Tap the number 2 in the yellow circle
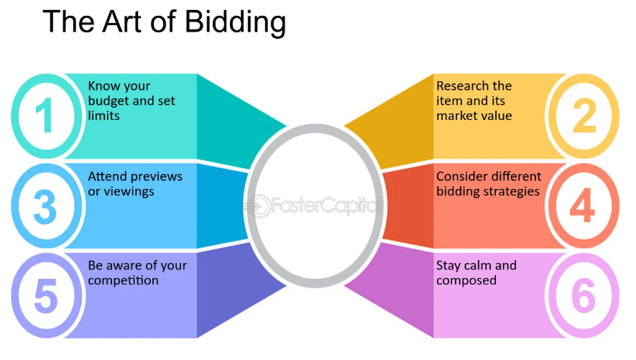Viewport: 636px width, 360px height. tap(586, 116)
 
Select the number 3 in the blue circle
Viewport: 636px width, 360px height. tap(45, 206)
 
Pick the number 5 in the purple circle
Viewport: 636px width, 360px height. tap(45, 295)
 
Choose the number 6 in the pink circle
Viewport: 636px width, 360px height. tap(583, 295)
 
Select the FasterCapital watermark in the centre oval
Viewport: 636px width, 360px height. tap(316, 206)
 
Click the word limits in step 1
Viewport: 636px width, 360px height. tap(103, 116)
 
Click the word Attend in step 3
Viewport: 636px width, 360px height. tap(107, 177)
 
